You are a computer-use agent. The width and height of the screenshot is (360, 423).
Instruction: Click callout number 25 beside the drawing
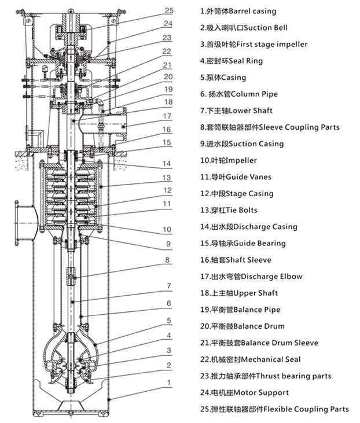[x=168, y=10]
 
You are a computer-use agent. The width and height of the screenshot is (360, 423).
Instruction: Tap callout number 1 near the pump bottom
[x=168, y=382]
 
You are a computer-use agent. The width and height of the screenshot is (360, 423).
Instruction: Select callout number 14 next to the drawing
[x=166, y=164]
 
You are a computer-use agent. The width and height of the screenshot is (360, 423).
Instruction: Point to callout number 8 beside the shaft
[x=167, y=260]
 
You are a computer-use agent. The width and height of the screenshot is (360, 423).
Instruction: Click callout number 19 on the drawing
[x=168, y=89]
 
